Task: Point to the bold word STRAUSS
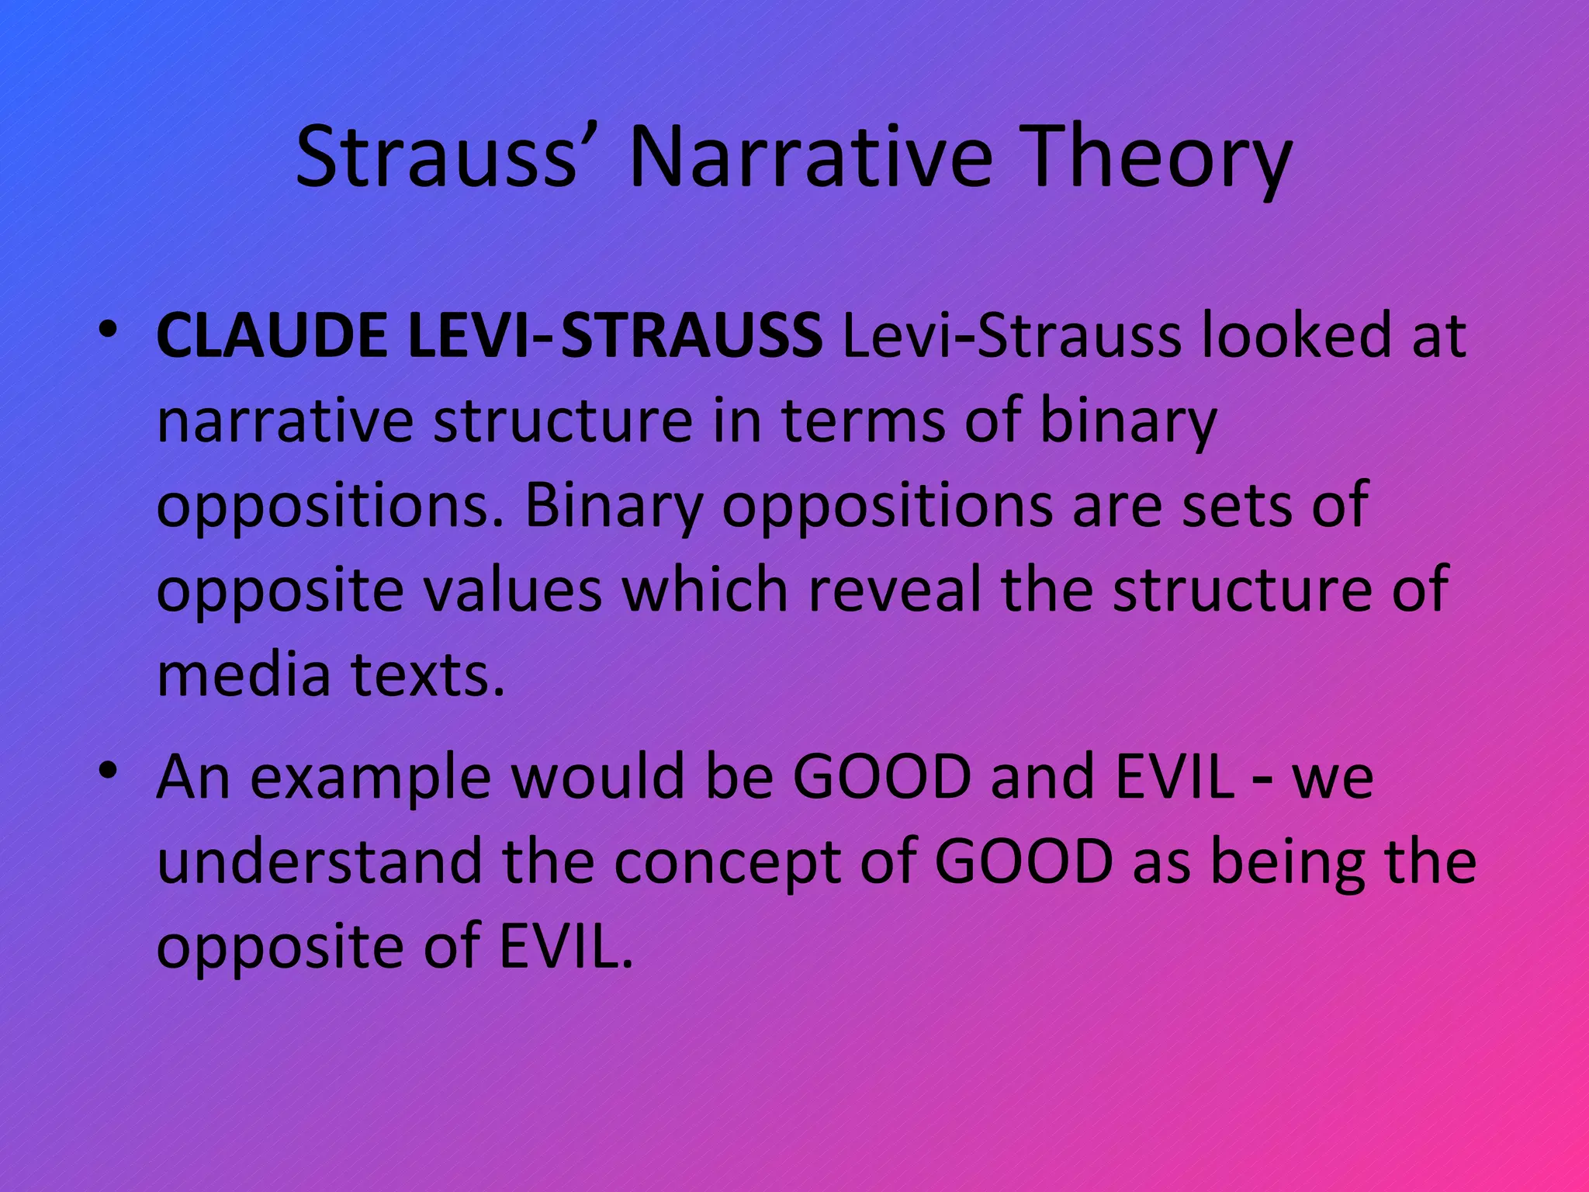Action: pos(691,336)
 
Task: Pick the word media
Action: pos(244,674)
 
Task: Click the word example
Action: pos(370,778)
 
